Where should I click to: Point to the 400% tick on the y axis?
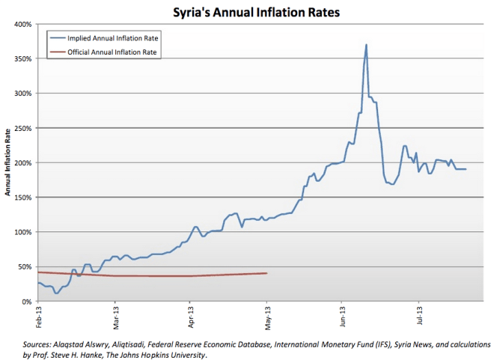[x=22, y=25]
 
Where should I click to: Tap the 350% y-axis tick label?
[x=22, y=59]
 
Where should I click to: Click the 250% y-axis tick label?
[x=22, y=128]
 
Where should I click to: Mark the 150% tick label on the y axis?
[x=22, y=198]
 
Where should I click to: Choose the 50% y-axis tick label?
[x=24, y=266]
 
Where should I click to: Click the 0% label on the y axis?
[x=25, y=301]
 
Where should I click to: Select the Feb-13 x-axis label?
[x=38, y=317]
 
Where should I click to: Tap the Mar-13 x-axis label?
[x=115, y=317]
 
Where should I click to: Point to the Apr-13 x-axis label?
[x=191, y=317]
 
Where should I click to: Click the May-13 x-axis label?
[x=267, y=317]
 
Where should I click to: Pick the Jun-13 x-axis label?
[x=344, y=317]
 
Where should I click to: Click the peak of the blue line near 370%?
[x=366, y=45]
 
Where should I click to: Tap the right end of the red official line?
[x=267, y=273]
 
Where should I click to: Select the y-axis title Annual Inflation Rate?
[x=7, y=162]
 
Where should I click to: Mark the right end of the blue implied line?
[x=466, y=169]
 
